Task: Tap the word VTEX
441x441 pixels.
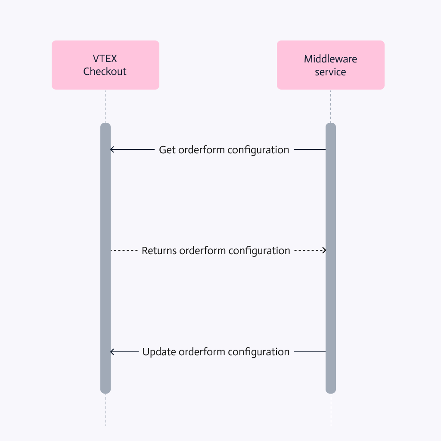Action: [x=105, y=59]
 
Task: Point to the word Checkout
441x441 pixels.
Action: [x=105, y=71]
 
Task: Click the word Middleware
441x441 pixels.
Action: [x=330, y=59]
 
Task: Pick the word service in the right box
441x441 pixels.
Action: [x=330, y=72]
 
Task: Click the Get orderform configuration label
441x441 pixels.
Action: [x=224, y=150]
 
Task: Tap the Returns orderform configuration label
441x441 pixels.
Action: [x=216, y=251]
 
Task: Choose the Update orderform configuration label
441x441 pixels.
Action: [x=216, y=352]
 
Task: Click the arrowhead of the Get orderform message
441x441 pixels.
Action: [x=112, y=150]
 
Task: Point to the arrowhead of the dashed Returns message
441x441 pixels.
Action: [x=324, y=250]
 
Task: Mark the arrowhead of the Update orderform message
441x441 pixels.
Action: [x=112, y=352]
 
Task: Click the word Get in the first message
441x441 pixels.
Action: [x=168, y=150]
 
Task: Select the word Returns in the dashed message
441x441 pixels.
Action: [x=158, y=251]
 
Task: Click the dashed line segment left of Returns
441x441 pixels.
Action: [x=124, y=250]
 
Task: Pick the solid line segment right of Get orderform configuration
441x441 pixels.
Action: [x=309, y=149]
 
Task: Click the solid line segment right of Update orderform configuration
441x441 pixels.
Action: [x=310, y=352]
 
